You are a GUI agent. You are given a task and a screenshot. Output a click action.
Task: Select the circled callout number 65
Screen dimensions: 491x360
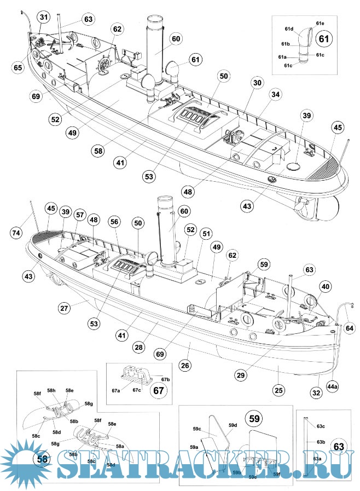click(18, 68)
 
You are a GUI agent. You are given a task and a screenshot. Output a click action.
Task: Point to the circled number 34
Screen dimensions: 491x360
click(275, 95)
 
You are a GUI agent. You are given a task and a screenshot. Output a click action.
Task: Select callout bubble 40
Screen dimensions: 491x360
click(325, 286)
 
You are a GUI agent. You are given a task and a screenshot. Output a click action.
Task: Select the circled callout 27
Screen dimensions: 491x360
click(65, 308)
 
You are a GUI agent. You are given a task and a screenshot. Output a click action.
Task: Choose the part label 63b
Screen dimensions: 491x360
click(321, 441)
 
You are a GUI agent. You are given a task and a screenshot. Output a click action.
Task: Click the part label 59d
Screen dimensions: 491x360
click(233, 425)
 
